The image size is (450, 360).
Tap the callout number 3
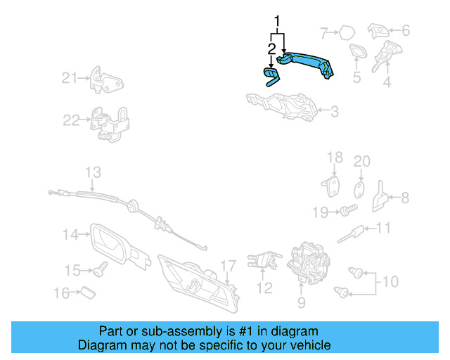tap(335, 110)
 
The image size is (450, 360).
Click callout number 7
tap(324, 32)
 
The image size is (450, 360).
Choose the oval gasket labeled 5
tap(357, 52)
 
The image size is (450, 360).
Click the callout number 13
tap(94, 172)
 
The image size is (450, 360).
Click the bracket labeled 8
tap(378, 198)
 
